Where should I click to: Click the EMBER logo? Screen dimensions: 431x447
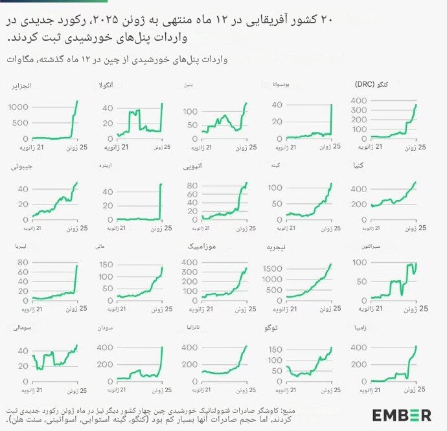point(401,414)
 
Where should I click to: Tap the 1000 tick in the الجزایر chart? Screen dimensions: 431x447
point(17,107)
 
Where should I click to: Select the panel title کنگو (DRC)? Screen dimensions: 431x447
point(369,85)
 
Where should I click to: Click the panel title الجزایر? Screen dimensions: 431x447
point(23,85)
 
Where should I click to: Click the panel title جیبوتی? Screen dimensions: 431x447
point(22,166)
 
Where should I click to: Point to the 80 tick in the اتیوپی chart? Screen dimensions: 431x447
point(192,185)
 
